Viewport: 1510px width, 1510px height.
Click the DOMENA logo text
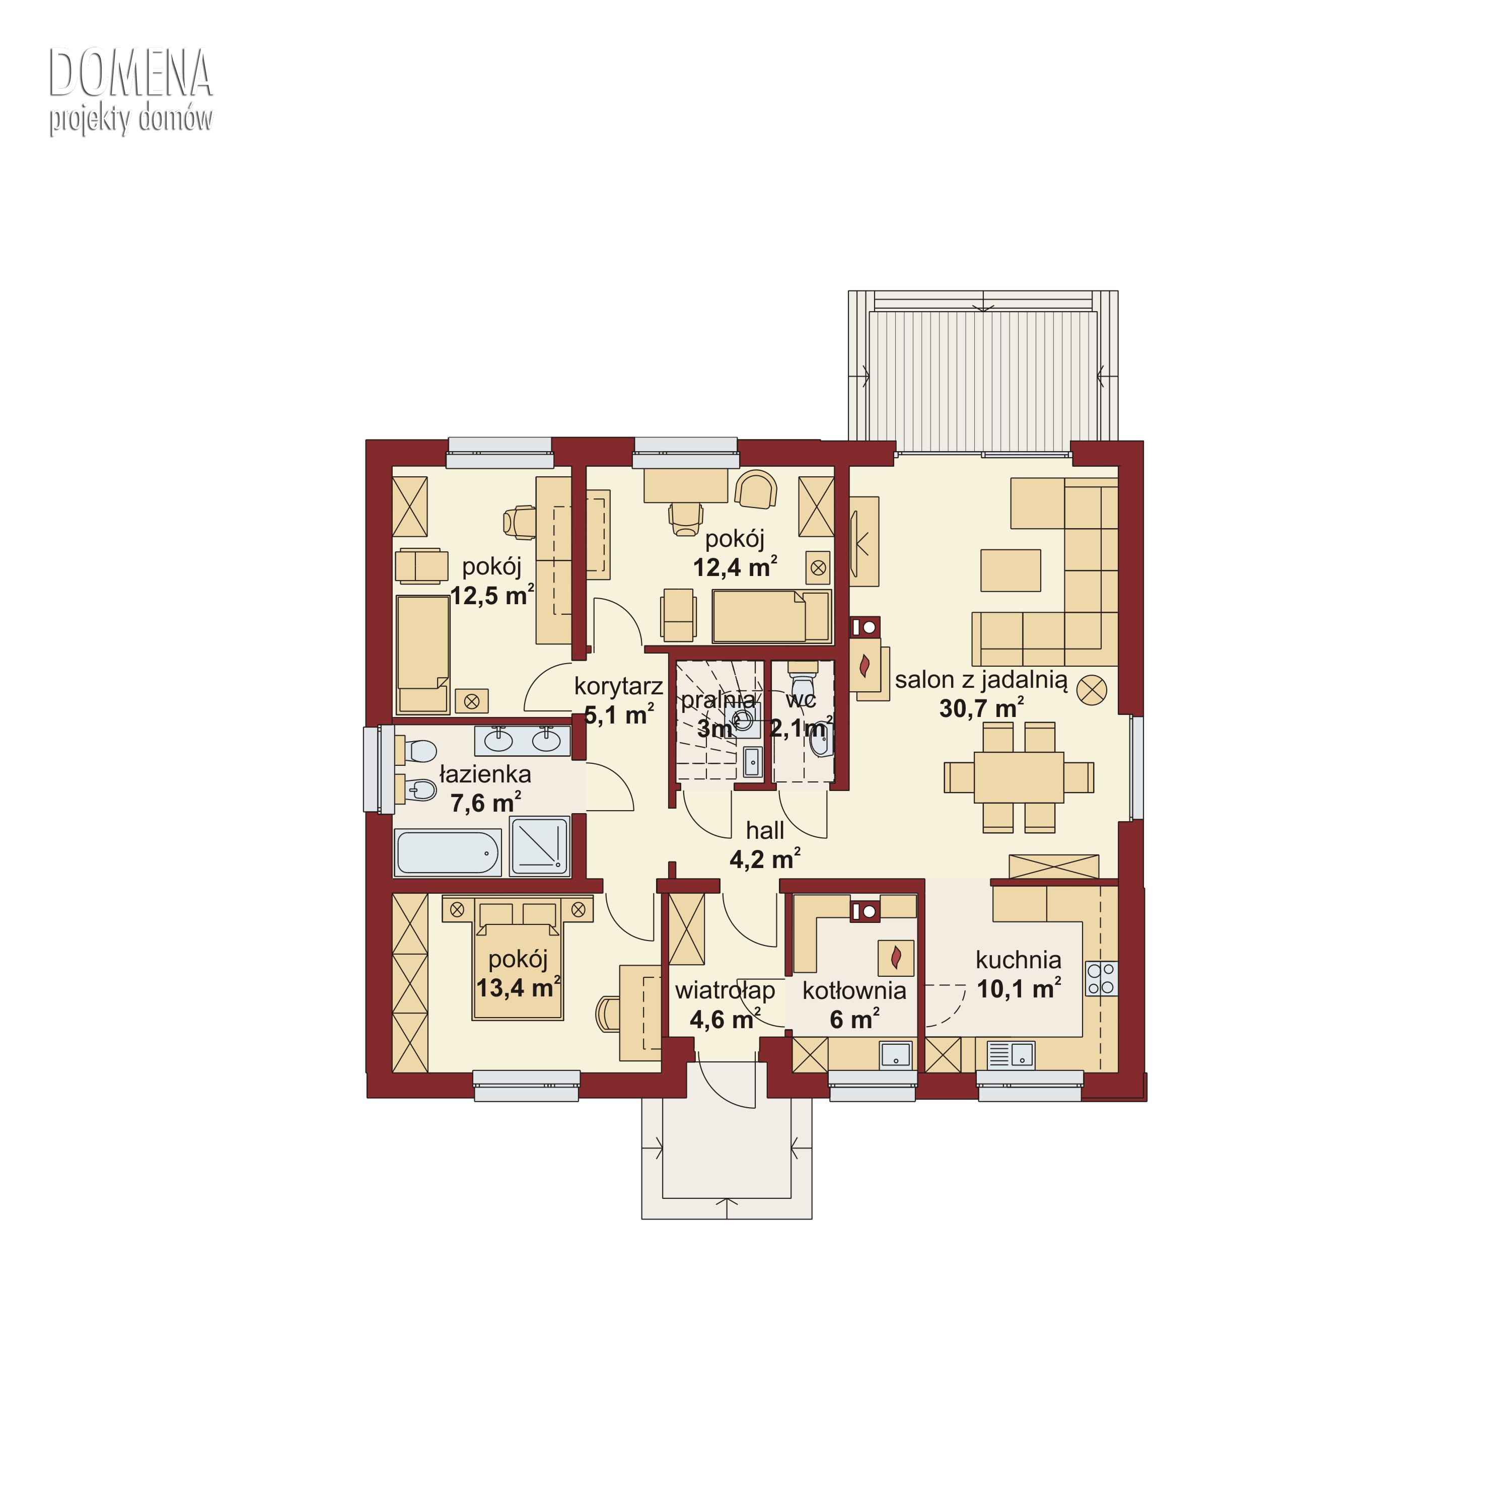130,74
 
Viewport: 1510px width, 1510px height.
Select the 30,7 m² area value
982,708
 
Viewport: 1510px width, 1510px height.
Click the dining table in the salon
1019,777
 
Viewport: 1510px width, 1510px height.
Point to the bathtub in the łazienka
448,853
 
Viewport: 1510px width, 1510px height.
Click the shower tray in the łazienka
539,846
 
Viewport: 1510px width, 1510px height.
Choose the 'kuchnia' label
1019,960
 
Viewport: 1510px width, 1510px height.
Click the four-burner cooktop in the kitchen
1101,978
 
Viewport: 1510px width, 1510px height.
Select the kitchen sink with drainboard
1011,1055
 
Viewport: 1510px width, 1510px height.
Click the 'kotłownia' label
854,991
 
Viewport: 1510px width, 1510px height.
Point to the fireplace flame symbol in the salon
865,667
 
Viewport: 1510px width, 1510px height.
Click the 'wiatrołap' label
726,991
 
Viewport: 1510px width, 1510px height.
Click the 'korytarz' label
618,687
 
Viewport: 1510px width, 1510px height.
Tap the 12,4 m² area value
735,567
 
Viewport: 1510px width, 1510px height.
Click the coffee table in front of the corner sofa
1011,570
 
